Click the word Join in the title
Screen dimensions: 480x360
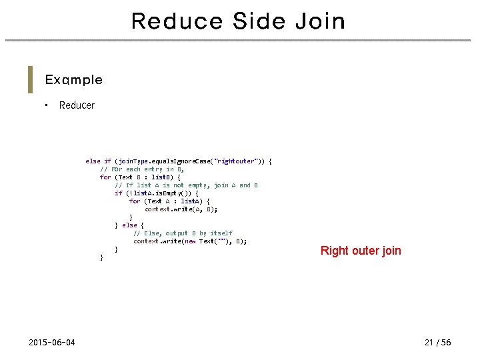(x=323, y=21)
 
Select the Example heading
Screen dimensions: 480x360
(x=73, y=80)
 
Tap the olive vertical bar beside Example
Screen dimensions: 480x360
(x=30, y=80)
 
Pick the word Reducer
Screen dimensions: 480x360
(x=77, y=105)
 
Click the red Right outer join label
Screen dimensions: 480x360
(x=361, y=251)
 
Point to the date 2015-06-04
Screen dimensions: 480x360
(x=52, y=343)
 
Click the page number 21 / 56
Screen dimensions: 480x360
(x=437, y=343)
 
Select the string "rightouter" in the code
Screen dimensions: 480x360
(x=235, y=161)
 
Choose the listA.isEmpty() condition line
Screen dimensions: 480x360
(x=156, y=193)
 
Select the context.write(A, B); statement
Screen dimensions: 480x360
(x=181, y=209)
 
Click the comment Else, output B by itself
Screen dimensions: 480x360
(x=183, y=233)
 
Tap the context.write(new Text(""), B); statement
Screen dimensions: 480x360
(x=190, y=241)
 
